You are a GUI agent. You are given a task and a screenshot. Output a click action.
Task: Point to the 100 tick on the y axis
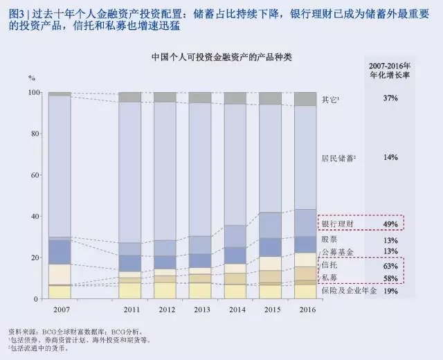33,92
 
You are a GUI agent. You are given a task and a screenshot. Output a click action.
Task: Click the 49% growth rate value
390,224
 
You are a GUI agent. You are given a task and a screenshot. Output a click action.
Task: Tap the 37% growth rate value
390,99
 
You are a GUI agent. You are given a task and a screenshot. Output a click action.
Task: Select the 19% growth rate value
390,291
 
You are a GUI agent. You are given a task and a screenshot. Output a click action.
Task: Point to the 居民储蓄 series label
339,158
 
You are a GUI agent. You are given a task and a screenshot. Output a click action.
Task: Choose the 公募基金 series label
335,251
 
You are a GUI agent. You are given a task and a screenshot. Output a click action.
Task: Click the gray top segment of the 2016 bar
305,98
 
